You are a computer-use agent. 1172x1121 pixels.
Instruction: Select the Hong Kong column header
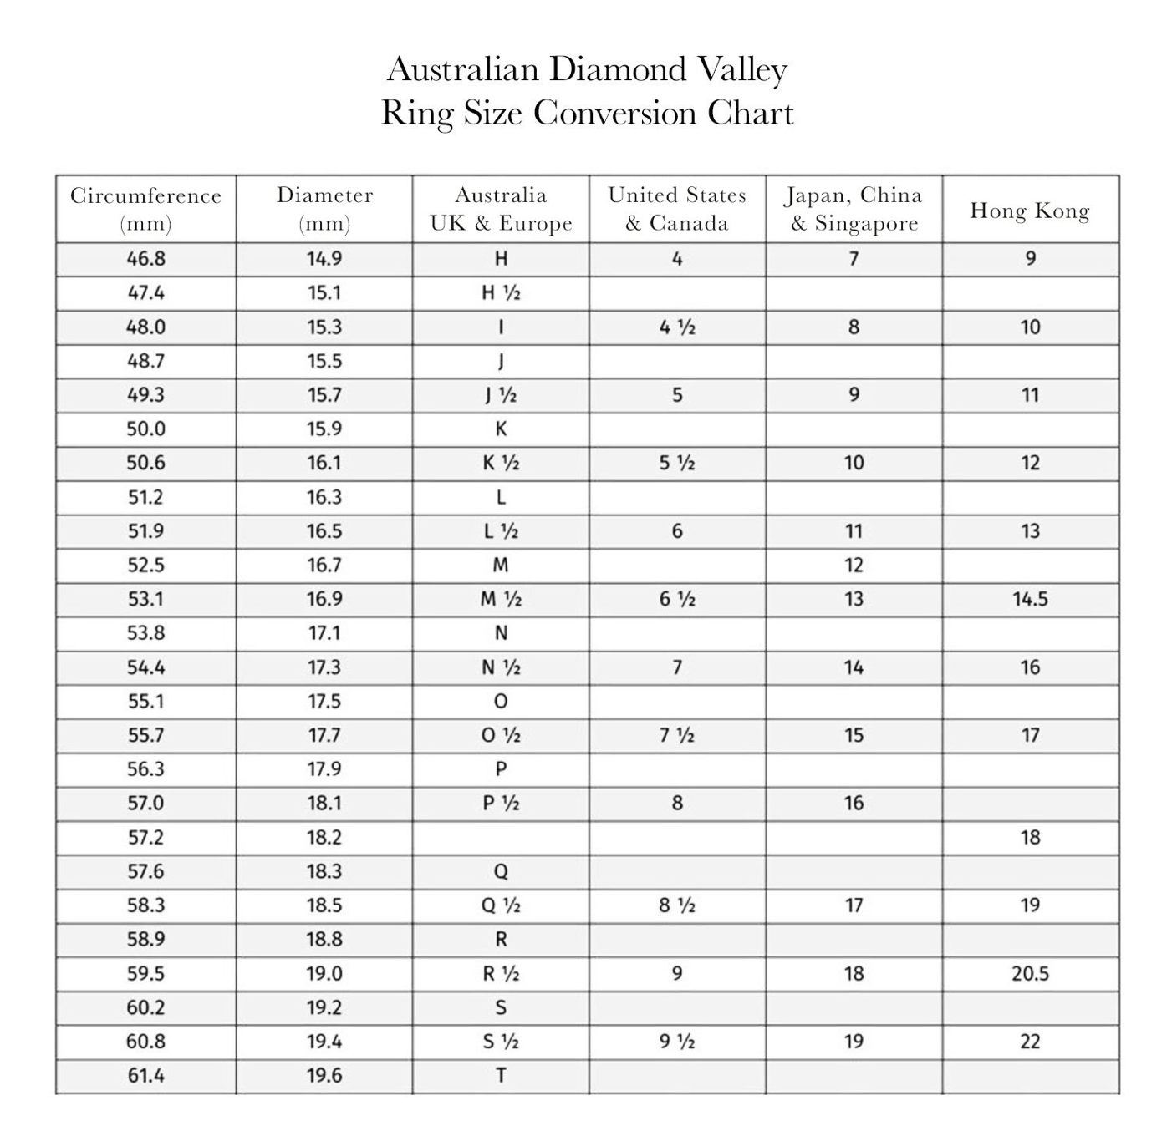[x=1030, y=211]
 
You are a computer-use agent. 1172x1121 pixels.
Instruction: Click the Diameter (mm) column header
[x=324, y=209]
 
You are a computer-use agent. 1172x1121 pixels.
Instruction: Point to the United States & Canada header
[x=677, y=209]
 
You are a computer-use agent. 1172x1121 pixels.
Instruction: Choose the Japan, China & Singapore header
[x=854, y=209]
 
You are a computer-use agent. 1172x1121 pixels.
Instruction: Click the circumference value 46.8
[x=146, y=259]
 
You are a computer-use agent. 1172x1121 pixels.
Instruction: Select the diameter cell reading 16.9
[x=324, y=599]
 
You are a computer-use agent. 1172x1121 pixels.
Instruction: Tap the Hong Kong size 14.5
[x=1030, y=599]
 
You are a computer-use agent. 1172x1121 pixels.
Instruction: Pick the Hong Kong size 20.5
[x=1030, y=973]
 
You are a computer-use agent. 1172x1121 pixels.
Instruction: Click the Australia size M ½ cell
[x=501, y=599]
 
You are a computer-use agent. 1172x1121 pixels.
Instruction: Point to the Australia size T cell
[x=501, y=1075]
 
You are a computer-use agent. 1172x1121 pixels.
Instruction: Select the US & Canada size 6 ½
[x=677, y=599]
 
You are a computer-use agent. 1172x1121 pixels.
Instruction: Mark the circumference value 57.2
[x=146, y=837]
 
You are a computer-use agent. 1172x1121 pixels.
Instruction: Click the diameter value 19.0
[x=324, y=973]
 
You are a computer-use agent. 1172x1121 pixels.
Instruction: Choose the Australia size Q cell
[x=501, y=871]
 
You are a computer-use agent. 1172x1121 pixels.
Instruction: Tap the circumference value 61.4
[x=146, y=1075]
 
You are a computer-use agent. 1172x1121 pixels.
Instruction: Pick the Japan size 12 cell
[x=854, y=566]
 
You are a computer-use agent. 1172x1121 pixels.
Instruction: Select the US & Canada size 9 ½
[x=677, y=1042]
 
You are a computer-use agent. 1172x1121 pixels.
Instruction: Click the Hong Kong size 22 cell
[x=1030, y=1042]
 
